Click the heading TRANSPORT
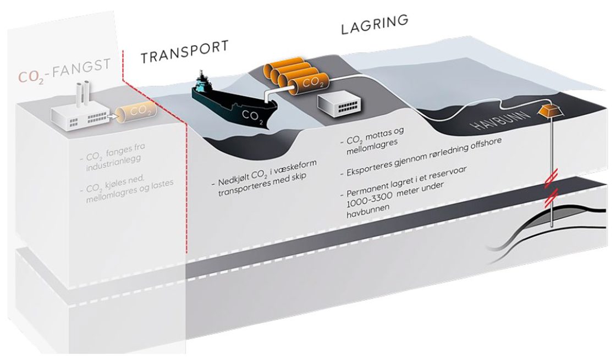(184, 52)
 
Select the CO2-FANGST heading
(67, 73)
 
